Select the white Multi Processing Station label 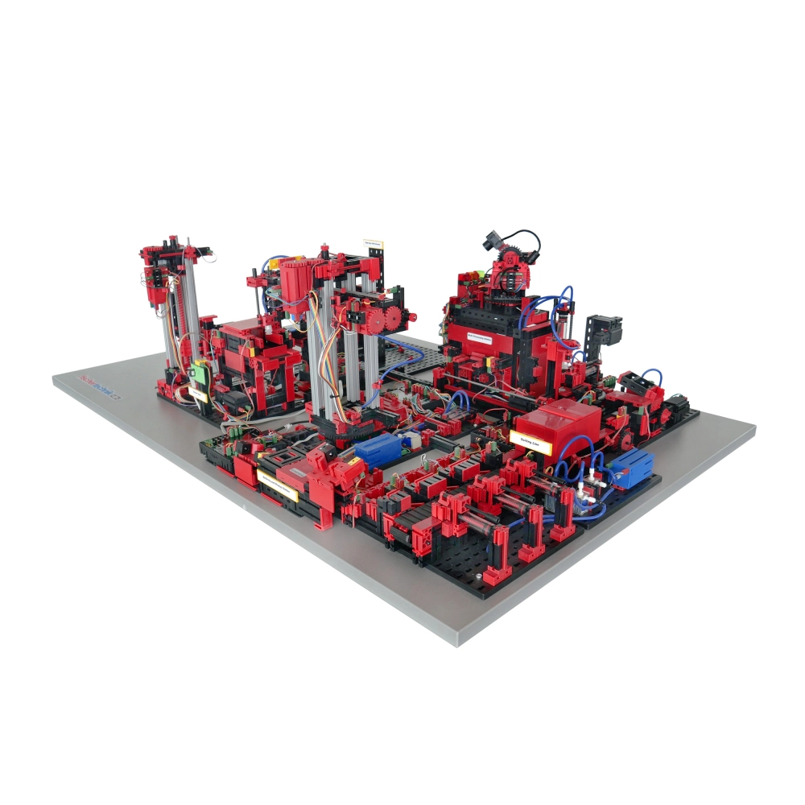point(493,336)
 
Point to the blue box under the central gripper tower point(378,448)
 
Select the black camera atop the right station point(494,242)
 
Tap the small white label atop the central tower point(374,241)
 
